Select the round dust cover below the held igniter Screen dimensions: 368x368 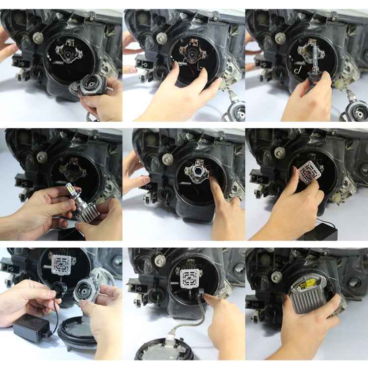[x=79, y=334]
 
